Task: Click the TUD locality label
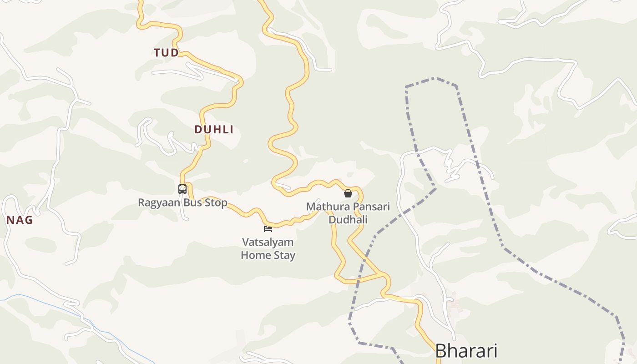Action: (x=166, y=53)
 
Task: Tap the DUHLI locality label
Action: (x=214, y=130)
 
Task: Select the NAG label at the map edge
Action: (x=20, y=220)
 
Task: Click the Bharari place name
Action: (x=466, y=351)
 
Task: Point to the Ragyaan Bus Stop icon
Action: (x=182, y=189)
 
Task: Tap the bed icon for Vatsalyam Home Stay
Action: (x=268, y=228)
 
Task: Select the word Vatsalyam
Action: (x=268, y=242)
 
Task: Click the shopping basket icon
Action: (x=348, y=193)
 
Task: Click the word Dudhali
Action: (x=348, y=219)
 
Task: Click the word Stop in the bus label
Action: (x=216, y=202)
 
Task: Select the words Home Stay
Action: (x=268, y=255)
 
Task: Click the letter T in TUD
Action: (x=157, y=53)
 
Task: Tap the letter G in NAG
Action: (x=28, y=220)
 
